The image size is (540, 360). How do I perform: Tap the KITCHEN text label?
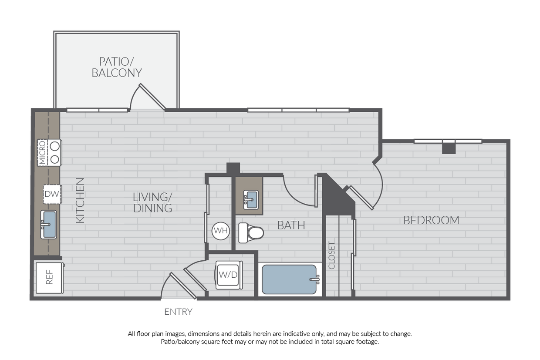80,201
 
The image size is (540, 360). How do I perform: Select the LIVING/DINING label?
152,202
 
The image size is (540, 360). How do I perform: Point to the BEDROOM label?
431,220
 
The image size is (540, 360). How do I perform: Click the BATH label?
291,225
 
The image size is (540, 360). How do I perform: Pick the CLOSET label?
332,255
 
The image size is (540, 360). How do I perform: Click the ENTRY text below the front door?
178,312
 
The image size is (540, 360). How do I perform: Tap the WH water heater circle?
221,231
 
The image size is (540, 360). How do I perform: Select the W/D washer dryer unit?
228,275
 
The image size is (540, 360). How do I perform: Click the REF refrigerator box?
49,277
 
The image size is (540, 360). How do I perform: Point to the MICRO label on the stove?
42,153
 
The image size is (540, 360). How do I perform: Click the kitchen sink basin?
49,225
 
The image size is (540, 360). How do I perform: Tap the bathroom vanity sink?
251,199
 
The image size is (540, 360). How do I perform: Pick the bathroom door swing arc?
298,192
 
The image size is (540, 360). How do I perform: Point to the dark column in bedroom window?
449,148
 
